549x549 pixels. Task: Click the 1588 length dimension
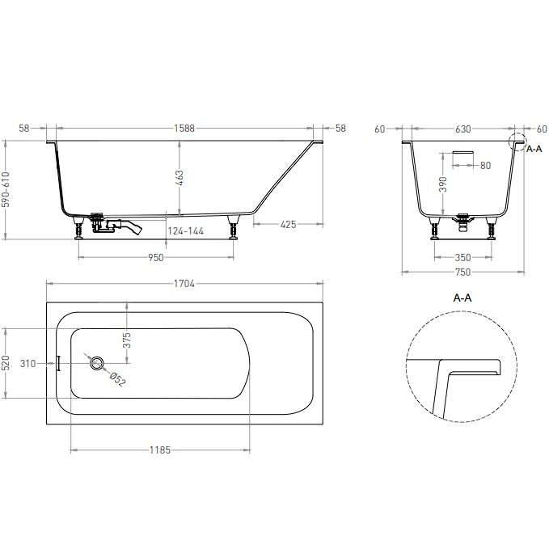coord(184,128)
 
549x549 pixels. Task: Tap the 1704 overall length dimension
coord(184,284)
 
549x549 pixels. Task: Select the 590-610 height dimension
coord(6,189)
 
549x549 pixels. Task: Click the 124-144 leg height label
coord(186,231)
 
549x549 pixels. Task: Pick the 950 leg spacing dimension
coord(156,258)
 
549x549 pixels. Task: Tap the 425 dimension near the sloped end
coord(288,224)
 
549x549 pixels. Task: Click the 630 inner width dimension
coord(462,129)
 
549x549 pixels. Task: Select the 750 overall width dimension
coord(462,272)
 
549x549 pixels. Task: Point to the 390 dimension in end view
coord(443,184)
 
